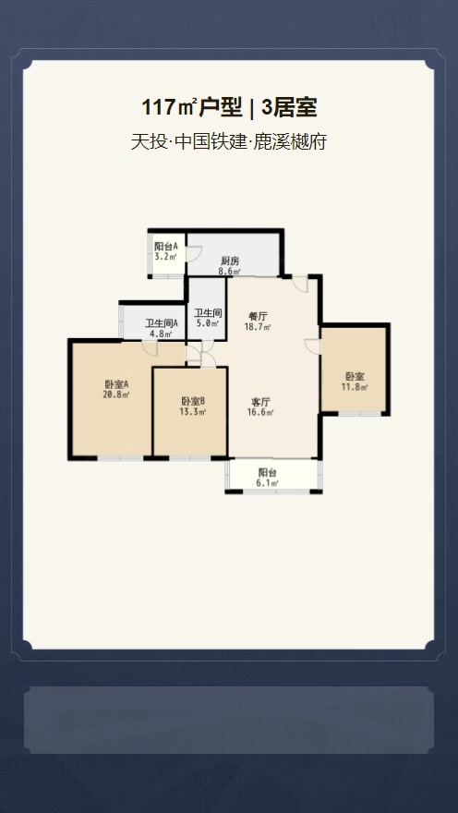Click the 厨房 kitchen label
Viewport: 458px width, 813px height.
click(x=230, y=261)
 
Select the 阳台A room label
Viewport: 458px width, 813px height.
click(x=166, y=246)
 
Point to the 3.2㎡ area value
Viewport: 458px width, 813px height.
click(x=166, y=256)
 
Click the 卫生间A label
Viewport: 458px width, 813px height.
click(x=162, y=323)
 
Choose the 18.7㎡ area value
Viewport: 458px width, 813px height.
click(x=258, y=327)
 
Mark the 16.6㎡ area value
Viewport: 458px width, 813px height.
click(x=260, y=412)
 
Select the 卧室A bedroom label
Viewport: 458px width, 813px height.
click(x=116, y=384)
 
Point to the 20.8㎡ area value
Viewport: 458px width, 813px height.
click(x=116, y=394)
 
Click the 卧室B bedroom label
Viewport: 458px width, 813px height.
click(x=193, y=401)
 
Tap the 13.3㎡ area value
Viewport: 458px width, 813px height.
click(x=193, y=412)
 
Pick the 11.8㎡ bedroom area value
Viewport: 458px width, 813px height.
click(x=355, y=386)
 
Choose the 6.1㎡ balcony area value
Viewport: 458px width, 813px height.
click(x=268, y=482)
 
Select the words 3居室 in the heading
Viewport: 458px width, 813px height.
click(x=289, y=108)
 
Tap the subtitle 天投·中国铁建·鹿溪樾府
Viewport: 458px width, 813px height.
click(x=228, y=141)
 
